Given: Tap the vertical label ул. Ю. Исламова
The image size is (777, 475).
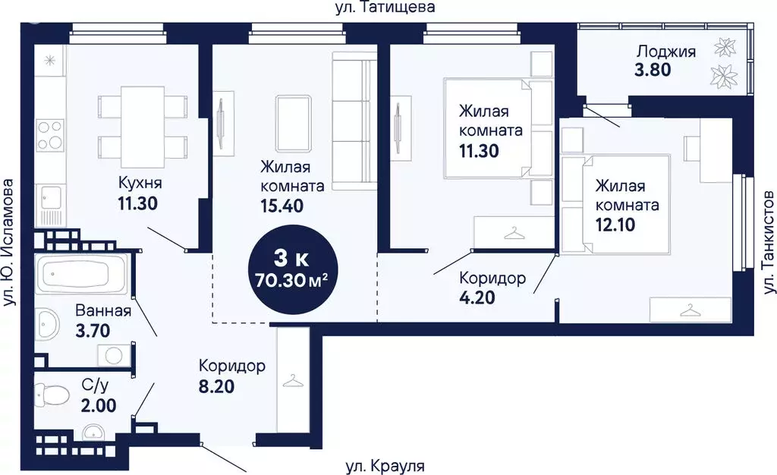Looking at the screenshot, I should click(10, 243).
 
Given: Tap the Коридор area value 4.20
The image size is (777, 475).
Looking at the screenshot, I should click(477, 297).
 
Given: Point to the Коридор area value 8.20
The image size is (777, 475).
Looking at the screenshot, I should click(216, 386).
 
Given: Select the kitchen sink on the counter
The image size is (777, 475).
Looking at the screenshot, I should click(51, 197).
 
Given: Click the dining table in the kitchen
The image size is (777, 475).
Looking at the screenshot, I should click(143, 122).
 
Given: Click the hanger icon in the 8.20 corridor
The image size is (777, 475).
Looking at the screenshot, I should click(292, 381).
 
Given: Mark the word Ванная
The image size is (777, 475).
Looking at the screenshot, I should click(103, 310).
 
